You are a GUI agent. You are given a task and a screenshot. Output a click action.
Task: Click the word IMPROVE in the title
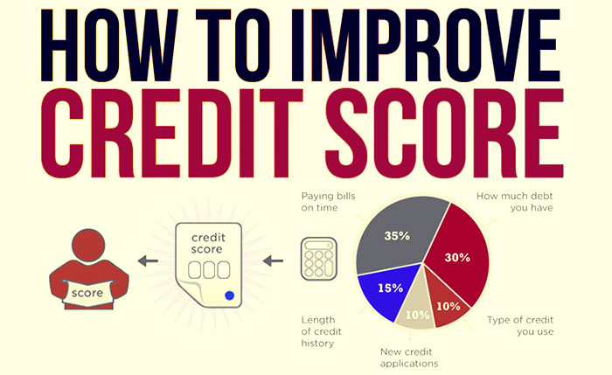[x=426, y=45]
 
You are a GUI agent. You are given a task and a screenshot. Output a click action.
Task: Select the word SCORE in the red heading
[x=444, y=134]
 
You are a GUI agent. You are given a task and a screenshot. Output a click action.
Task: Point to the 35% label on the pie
[x=397, y=236]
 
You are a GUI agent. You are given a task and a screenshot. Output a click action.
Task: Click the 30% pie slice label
[x=457, y=258]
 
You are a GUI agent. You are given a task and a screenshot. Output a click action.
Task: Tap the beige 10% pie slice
[x=415, y=309]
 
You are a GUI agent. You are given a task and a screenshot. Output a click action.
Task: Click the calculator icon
[x=319, y=259]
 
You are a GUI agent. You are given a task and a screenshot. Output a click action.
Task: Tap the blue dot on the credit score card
[x=229, y=295]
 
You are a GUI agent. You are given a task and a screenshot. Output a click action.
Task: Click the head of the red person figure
[x=88, y=245]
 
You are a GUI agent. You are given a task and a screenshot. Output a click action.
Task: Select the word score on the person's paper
[x=87, y=293]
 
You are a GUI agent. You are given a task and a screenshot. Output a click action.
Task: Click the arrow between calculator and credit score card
[x=273, y=260]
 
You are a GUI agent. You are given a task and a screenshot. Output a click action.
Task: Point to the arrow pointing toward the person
[x=148, y=260]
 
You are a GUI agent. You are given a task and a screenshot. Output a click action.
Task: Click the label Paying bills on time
[x=328, y=202]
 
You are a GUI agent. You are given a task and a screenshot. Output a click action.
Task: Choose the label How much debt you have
[x=514, y=202]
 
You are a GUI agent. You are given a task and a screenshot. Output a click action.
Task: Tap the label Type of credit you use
[x=520, y=326]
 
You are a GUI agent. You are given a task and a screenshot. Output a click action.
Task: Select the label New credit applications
[x=409, y=358]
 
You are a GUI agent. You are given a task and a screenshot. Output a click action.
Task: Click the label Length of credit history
[x=321, y=331]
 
